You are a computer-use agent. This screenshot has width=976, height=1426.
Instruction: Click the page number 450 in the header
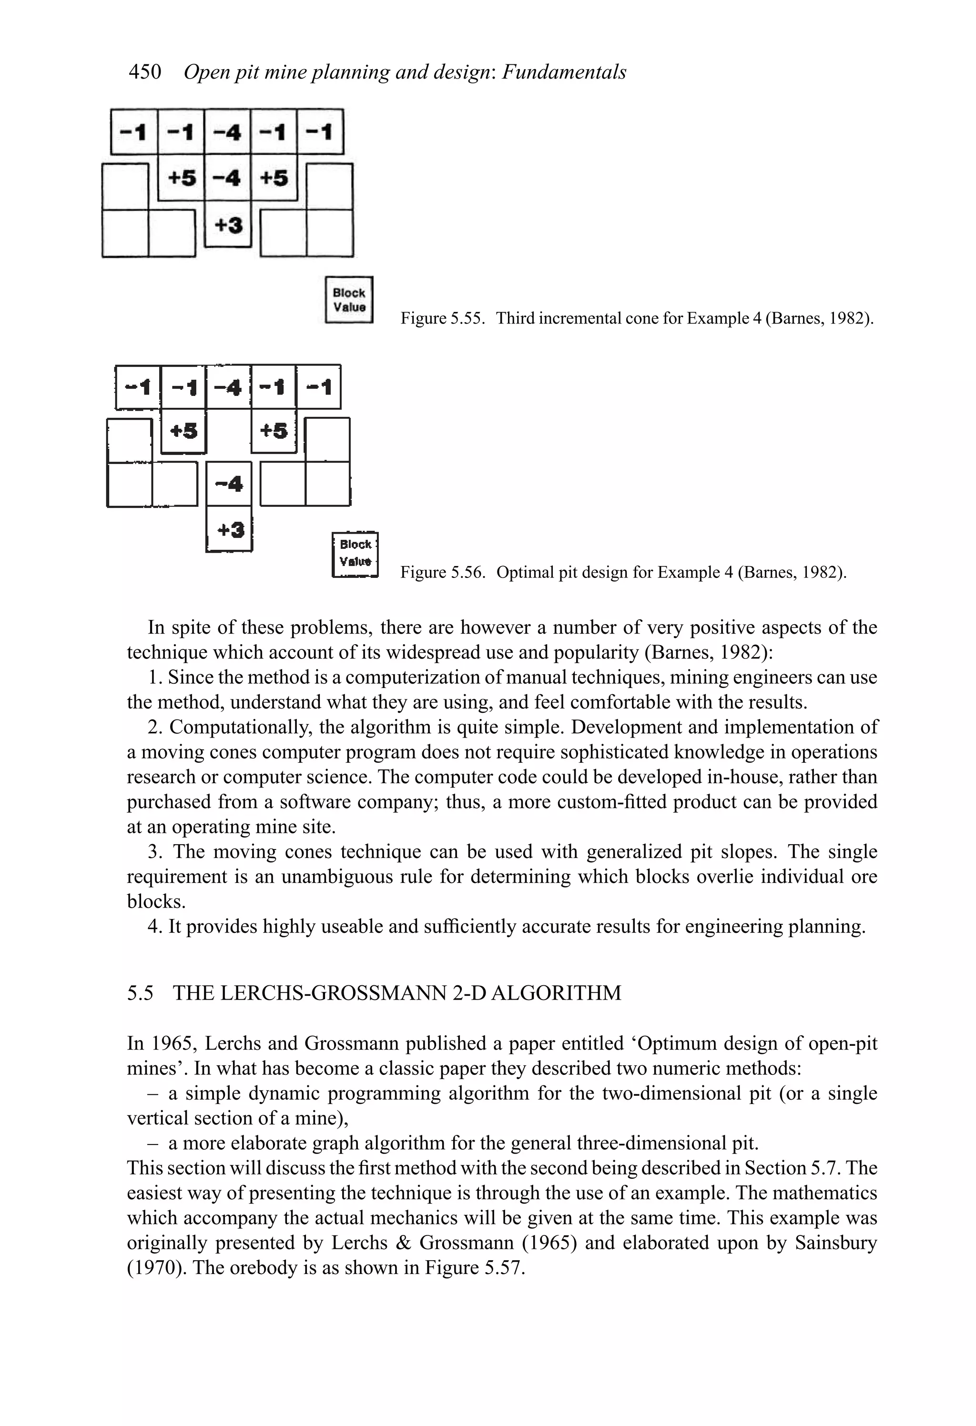coord(145,72)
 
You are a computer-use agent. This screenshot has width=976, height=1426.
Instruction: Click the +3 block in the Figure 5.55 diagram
coord(228,225)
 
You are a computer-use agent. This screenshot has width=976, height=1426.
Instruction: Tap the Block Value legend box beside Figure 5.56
coord(355,554)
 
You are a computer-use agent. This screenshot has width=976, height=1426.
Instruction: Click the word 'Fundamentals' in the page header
coord(563,72)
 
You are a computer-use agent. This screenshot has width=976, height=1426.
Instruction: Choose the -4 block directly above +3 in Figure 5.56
coord(229,484)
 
